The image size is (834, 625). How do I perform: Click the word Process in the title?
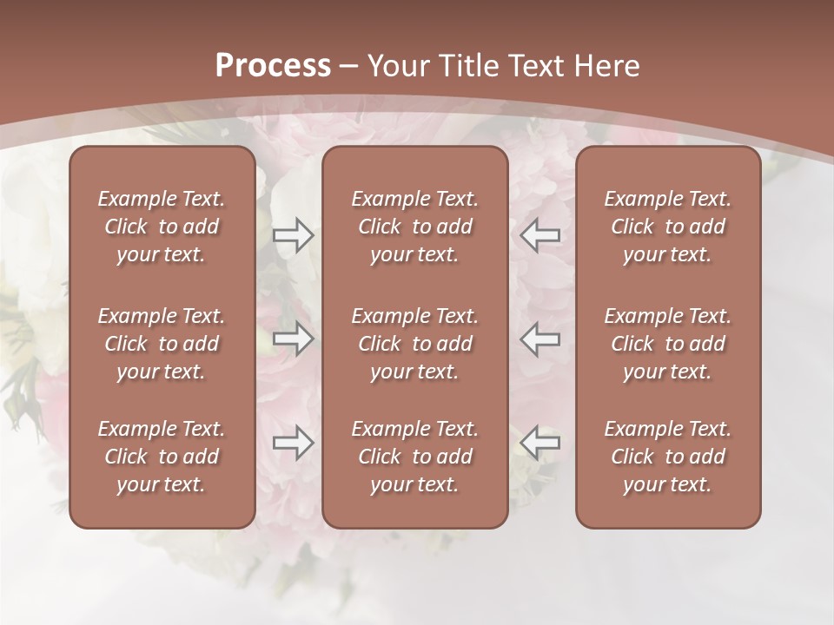pyautogui.click(x=273, y=65)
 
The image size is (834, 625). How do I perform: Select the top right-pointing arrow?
pyautogui.click(x=294, y=234)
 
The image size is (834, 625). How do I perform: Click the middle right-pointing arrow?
pyautogui.click(x=294, y=339)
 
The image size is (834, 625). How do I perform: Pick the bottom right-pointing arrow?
pyautogui.click(x=294, y=443)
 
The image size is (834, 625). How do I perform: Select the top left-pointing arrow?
pyautogui.click(x=540, y=234)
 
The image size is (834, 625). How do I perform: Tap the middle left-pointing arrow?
pyautogui.click(x=540, y=339)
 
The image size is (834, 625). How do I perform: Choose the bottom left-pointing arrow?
pyautogui.click(x=540, y=443)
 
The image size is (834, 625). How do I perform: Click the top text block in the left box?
pyautogui.click(x=162, y=227)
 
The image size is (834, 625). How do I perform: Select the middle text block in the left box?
pyautogui.click(x=162, y=344)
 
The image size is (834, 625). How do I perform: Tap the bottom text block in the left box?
pyautogui.click(x=162, y=457)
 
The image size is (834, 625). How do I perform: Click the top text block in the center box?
pyautogui.click(x=415, y=227)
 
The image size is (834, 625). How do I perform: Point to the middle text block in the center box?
pyautogui.click(x=415, y=344)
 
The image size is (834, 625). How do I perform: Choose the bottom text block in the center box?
pyautogui.click(x=415, y=457)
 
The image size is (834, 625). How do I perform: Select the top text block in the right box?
pyautogui.click(x=668, y=227)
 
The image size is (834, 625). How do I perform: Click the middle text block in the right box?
pyautogui.click(x=668, y=344)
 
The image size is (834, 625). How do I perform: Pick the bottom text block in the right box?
pyautogui.click(x=668, y=457)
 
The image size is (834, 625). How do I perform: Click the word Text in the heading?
pyautogui.click(x=537, y=65)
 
